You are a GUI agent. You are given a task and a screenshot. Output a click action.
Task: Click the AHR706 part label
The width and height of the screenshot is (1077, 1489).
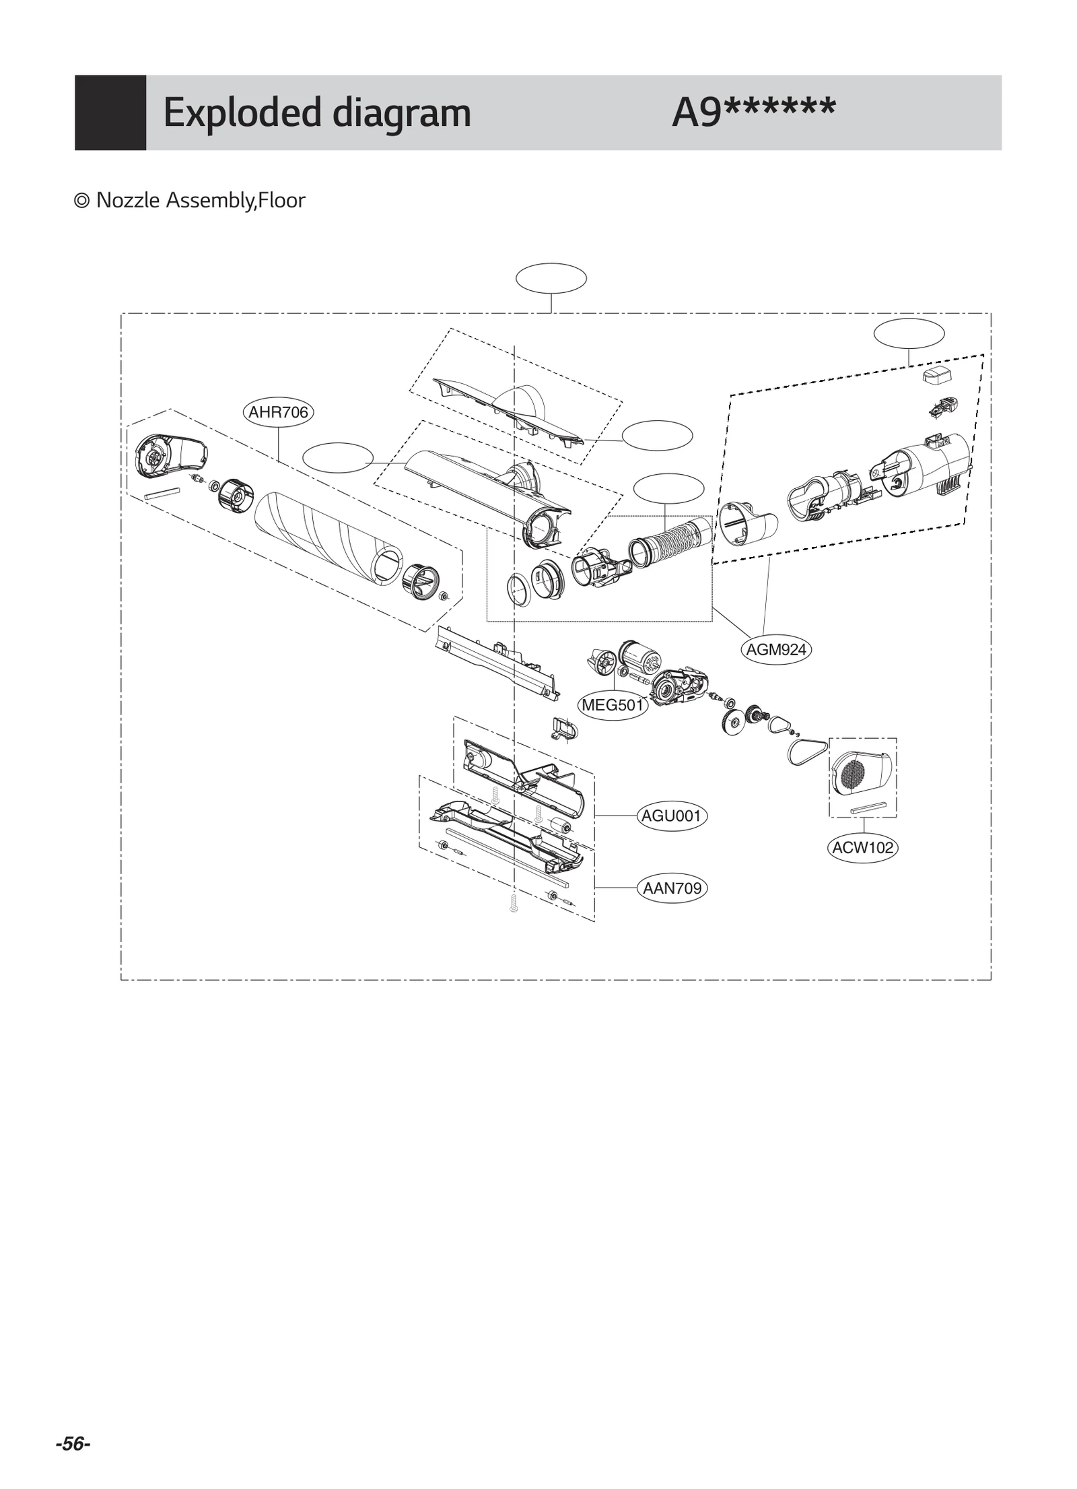coord(277,412)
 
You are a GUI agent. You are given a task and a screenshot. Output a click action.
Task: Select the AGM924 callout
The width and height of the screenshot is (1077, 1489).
coord(775,650)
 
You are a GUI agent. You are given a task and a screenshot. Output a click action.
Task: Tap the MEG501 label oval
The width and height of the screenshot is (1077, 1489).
coord(613,706)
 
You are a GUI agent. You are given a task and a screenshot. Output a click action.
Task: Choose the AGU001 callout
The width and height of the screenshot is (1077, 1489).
coord(671,816)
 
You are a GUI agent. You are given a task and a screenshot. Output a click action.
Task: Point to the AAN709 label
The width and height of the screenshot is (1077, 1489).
coord(672,888)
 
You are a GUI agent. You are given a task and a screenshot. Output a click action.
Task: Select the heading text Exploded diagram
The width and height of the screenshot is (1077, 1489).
coord(316,112)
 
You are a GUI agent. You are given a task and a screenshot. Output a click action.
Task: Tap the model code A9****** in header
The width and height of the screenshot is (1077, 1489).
coord(753,112)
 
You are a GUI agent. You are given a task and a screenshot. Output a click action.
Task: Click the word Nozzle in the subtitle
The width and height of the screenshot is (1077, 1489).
coord(128,200)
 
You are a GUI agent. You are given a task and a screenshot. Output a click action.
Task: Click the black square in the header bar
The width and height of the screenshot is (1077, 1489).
coord(110,112)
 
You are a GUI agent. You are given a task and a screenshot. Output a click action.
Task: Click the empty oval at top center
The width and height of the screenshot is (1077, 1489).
coord(551,278)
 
